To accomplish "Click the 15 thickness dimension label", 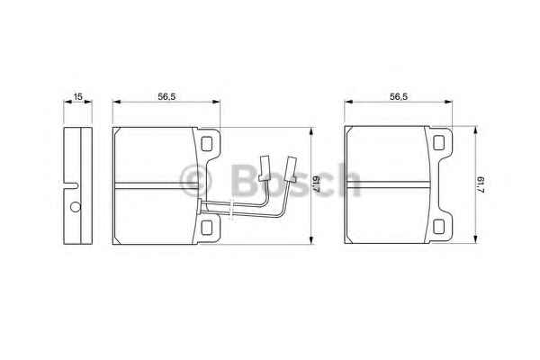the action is tap(78, 96).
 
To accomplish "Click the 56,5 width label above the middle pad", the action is tap(166, 96).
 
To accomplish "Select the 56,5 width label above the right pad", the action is tap(399, 96).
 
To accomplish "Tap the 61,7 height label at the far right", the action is tap(481, 185).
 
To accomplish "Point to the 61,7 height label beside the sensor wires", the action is tap(317, 185).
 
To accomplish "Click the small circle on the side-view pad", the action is tap(76, 207).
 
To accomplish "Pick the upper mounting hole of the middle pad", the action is tap(206, 144).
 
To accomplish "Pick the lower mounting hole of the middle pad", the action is tap(206, 228).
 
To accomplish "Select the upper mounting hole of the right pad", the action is tap(438, 143).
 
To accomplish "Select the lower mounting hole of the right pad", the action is tap(438, 227).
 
